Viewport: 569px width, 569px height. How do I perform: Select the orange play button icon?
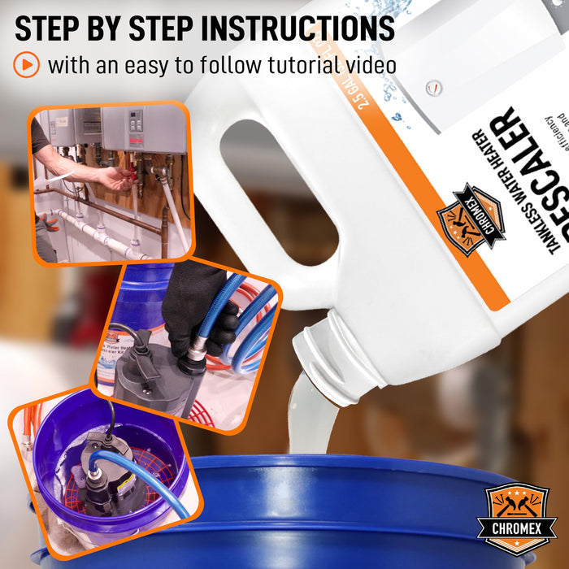[26, 64]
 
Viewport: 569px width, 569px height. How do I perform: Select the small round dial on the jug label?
[434, 86]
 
